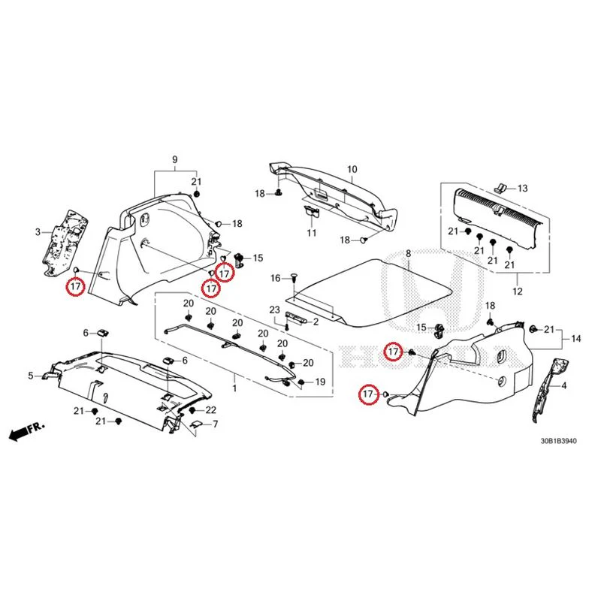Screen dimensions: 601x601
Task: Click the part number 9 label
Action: click(175, 159)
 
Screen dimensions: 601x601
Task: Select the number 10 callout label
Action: click(352, 169)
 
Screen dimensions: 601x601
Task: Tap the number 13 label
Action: click(522, 189)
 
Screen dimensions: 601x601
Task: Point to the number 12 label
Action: click(518, 291)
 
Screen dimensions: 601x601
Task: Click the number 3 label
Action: click(38, 232)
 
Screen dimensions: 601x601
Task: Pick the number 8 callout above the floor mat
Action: click(408, 253)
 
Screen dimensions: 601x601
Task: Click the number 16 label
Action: click(276, 278)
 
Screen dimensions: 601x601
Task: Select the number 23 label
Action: click(274, 310)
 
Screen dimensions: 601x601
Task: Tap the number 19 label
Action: click(320, 382)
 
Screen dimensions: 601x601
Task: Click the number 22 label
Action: click(211, 410)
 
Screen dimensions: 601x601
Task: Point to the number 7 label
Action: click(216, 424)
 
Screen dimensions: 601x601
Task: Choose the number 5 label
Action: click(31, 376)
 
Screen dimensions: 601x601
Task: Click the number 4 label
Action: click(563, 385)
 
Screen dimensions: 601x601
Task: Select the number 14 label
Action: click(575, 339)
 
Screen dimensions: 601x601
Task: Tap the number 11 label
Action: click(312, 233)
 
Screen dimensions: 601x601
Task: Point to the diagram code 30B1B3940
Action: click(558, 441)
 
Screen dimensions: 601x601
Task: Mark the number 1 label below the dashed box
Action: click(234, 388)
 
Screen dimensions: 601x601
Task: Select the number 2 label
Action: click(316, 322)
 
